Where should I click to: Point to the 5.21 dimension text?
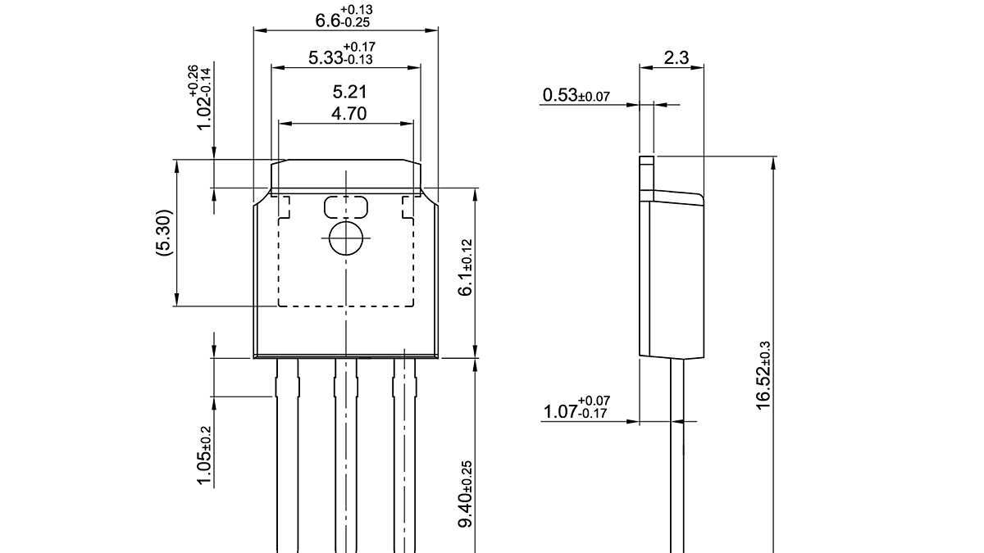(348, 92)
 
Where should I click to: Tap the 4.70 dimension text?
(348, 114)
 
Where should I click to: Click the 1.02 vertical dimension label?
(194, 98)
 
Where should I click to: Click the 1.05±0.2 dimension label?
(205, 456)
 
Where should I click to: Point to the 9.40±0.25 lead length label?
(465, 494)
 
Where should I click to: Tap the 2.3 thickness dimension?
(676, 57)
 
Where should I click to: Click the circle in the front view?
(346, 238)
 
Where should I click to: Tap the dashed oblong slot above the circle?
(346, 206)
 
